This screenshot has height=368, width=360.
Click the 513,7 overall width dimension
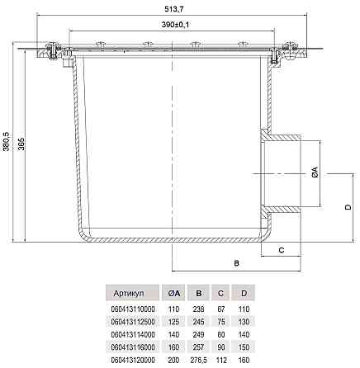(x=174, y=9)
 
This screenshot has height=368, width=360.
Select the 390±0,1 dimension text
(x=175, y=25)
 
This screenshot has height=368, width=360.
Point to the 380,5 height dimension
(x=7, y=141)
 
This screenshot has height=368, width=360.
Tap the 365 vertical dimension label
(x=21, y=144)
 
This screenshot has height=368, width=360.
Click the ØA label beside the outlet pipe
(x=315, y=172)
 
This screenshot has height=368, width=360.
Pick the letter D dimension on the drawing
(x=348, y=207)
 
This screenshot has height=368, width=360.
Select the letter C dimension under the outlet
(x=282, y=250)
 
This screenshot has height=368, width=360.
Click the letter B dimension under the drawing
(x=236, y=263)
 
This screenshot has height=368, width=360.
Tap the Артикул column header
(x=129, y=293)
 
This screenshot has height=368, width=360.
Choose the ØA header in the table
(x=174, y=293)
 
